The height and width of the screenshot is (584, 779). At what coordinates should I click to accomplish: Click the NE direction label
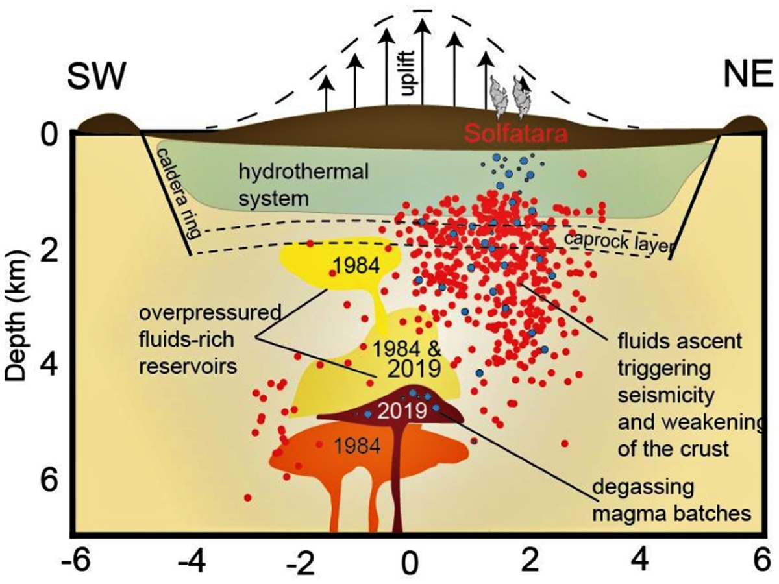(x=747, y=78)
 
